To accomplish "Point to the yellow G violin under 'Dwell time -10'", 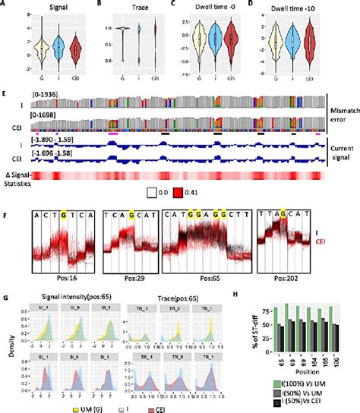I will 273,49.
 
